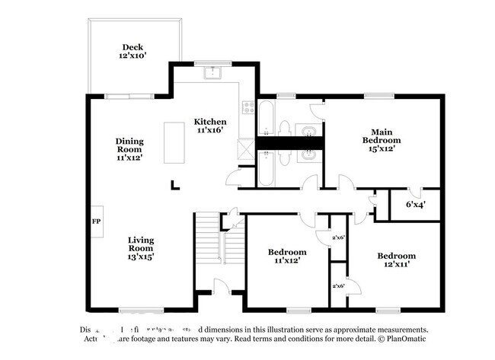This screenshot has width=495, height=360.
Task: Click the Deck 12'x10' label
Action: pyautogui.click(x=133, y=51)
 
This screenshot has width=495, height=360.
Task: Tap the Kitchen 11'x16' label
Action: pyautogui.click(x=209, y=126)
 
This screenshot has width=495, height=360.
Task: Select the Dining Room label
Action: pyautogui.click(x=129, y=149)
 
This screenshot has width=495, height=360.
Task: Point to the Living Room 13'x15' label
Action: pyautogui.click(x=141, y=249)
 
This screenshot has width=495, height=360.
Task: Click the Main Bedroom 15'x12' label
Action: pyautogui.click(x=382, y=140)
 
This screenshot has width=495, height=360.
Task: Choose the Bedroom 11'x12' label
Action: pyautogui.click(x=287, y=256)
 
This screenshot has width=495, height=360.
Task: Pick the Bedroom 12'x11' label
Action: pyautogui.click(x=397, y=260)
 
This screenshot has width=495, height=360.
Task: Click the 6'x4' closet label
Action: pyautogui.click(x=415, y=204)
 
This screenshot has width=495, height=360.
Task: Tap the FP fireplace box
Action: pyautogui.click(x=97, y=221)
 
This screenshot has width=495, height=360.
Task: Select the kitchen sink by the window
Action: pyautogui.click(x=212, y=73)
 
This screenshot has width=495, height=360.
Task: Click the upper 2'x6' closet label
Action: pyautogui.click(x=338, y=238)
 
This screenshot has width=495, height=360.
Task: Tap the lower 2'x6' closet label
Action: pyautogui.click(x=338, y=285)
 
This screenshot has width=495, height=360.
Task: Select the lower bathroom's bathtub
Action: pyautogui.click(x=267, y=168)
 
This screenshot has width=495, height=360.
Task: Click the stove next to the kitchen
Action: pyautogui.click(x=247, y=107)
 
